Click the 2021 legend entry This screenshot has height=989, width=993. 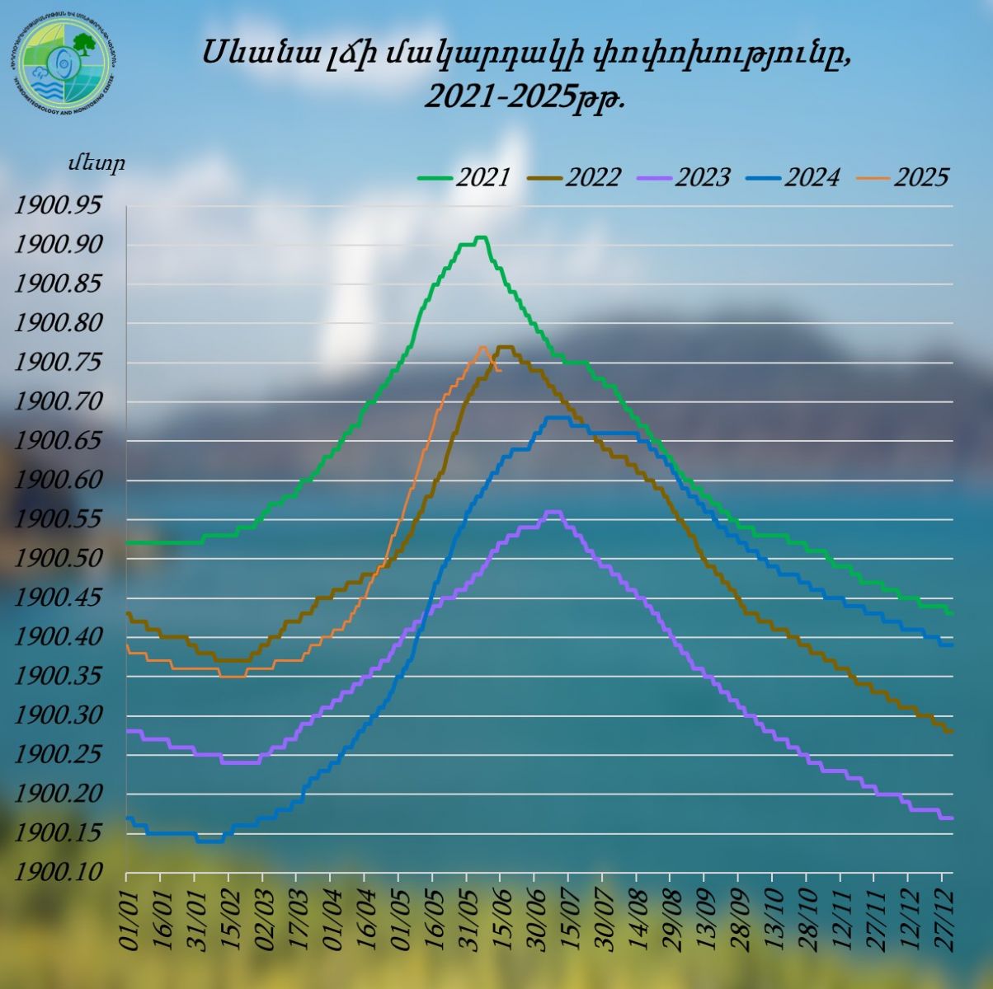pyautogui.click(x=465, y=177)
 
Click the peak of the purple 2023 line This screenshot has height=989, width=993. pyautogui.click(x=553, y=512)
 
